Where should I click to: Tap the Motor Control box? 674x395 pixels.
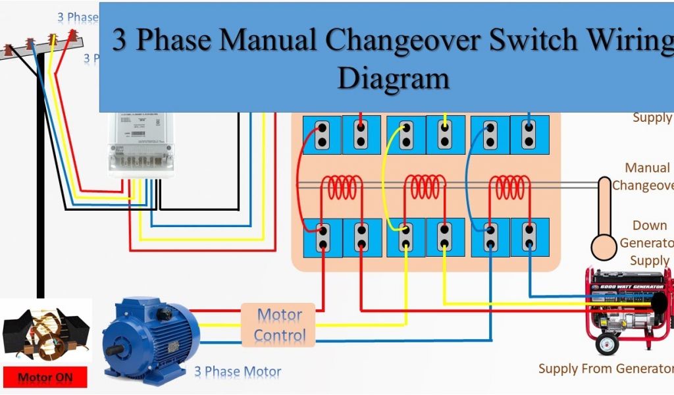280,325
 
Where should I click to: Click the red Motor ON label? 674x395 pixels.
45,378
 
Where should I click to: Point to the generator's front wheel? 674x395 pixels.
606,343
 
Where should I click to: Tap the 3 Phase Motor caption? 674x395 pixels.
237,372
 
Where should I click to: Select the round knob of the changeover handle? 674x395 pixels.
604,246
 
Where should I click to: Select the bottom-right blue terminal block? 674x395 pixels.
529,237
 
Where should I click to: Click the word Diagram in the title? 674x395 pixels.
393,79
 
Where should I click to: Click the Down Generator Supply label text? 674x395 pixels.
648,243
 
